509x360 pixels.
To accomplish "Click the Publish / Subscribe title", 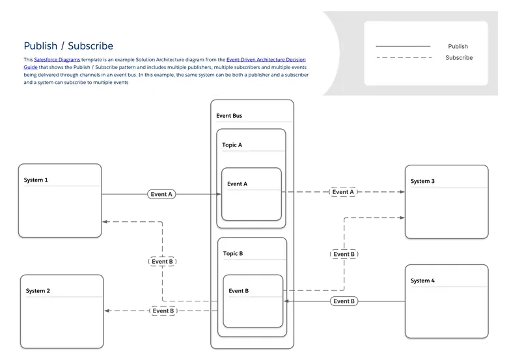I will [x=68, y=46].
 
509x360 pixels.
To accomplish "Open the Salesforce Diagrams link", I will [x=57, y=59].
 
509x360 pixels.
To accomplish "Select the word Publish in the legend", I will [x=458, y=47].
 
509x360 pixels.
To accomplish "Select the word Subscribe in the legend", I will [x=459, y=58].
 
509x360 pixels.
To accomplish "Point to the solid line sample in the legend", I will [x=403, y=47].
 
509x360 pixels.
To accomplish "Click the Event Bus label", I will [x=229, y=116].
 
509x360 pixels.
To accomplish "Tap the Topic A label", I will [x=232, y=145].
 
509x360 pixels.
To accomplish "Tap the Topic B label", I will [x=233, y=253].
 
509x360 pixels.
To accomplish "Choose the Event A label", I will [x=237, y=184].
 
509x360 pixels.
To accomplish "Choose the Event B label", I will [x=238, y=291].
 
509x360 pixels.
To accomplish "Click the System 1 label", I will [x=36, y=180].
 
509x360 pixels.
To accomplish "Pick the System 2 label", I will [x=38, y=291].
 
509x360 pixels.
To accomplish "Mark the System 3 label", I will [x=422, y=181].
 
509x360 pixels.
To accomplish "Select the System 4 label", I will [x=422, y=281].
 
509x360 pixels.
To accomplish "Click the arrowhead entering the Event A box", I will [x=219, y=194].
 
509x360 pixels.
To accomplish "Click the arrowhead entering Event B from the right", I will [x=287, y=301].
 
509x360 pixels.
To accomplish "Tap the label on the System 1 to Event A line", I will [x=161, y=194].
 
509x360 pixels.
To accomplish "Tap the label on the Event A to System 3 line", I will [x=343, y=192].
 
